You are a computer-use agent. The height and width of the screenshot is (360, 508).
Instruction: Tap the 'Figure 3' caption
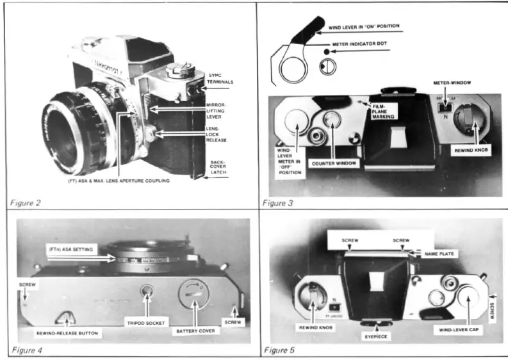(279, 203)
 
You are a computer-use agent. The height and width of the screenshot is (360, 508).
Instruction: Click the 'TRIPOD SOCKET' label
(148, 323)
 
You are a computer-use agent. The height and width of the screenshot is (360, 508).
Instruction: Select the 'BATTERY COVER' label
(195, 331)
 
